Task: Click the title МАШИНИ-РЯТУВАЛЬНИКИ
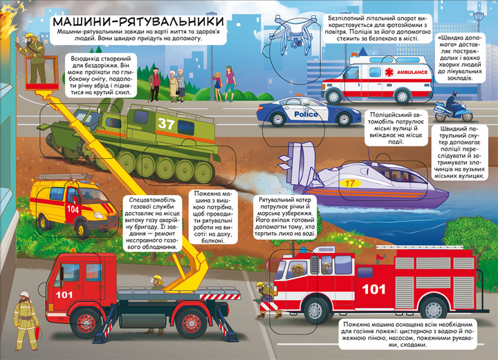point(138,21)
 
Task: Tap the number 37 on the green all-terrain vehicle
point(166,124)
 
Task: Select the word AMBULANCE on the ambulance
point(412,73)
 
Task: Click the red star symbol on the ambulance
point(389,73)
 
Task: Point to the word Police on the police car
point(306,114)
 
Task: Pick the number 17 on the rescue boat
point(350,183)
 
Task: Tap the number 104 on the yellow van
point(73,209)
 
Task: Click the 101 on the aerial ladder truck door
point(64,295)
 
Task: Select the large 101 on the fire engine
point(373,289)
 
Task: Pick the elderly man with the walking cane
point(155,84)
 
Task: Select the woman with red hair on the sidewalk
point(230,83)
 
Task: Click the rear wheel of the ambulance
point(403,95)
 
